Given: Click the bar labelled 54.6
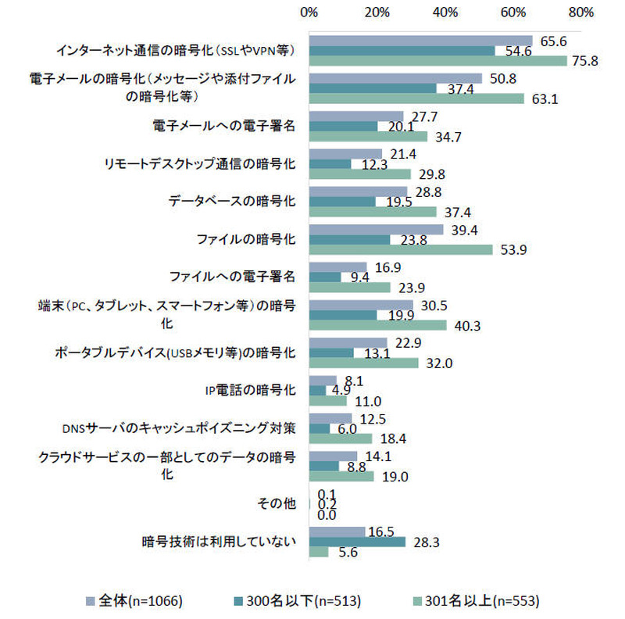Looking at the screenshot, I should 402,51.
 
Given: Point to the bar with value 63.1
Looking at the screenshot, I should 416,98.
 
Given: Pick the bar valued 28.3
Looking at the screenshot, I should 358,542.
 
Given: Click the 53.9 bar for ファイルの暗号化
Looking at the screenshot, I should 401,249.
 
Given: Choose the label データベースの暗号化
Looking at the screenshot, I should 232,200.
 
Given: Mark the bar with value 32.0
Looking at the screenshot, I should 364,363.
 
